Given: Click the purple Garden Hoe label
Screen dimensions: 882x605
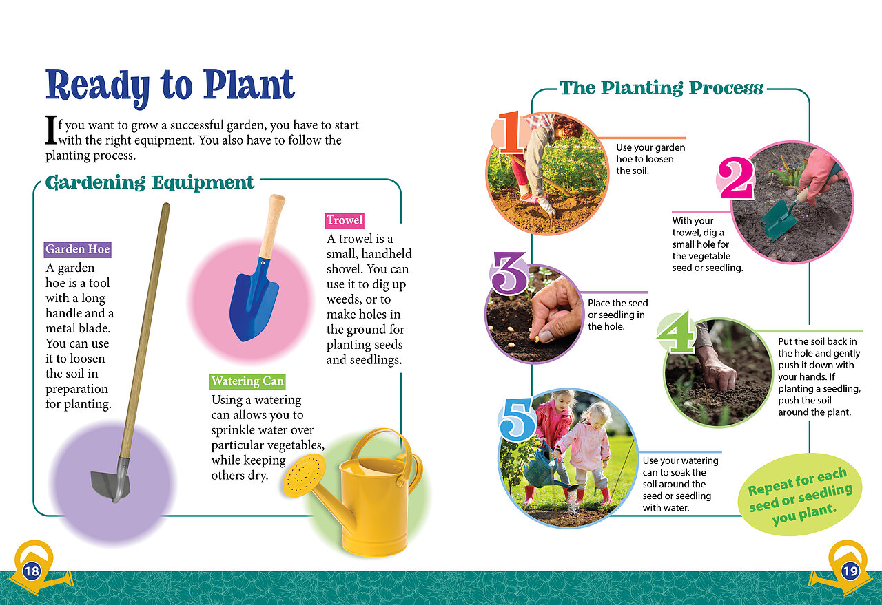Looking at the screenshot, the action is point(78,250).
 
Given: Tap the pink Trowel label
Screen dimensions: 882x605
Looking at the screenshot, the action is point(345,221).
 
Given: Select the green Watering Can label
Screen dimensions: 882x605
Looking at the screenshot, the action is point(247,381).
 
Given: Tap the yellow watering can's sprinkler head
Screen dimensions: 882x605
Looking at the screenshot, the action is point(304,475).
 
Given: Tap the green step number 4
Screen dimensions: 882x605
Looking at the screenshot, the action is point(675,332).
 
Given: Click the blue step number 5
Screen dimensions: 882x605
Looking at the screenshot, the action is point(517,419).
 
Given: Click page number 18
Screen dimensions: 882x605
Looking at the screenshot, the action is point(32,571).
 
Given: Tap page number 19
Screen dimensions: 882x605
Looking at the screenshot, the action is point(850,571).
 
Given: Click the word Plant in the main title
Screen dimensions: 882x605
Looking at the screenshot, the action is point(249,85).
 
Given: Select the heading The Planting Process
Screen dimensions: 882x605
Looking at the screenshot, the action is point(661,88).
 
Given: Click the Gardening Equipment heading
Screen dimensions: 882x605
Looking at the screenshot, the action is point(150,183).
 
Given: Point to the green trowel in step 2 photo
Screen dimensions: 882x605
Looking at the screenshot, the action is point(781,217).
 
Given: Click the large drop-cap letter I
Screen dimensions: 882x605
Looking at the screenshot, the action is point(51,130).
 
